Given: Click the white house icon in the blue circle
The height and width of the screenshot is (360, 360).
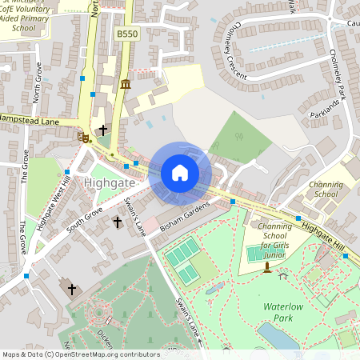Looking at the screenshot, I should click(x=180, y=173).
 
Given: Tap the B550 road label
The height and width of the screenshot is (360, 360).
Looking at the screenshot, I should click(x=126, y=34).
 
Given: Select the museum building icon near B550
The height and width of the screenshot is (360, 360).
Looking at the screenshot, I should click(x=126, y=85).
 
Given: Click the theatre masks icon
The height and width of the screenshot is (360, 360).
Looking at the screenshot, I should click(x=84, y=138).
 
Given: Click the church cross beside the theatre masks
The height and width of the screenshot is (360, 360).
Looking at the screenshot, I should click(x=102, y=130).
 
